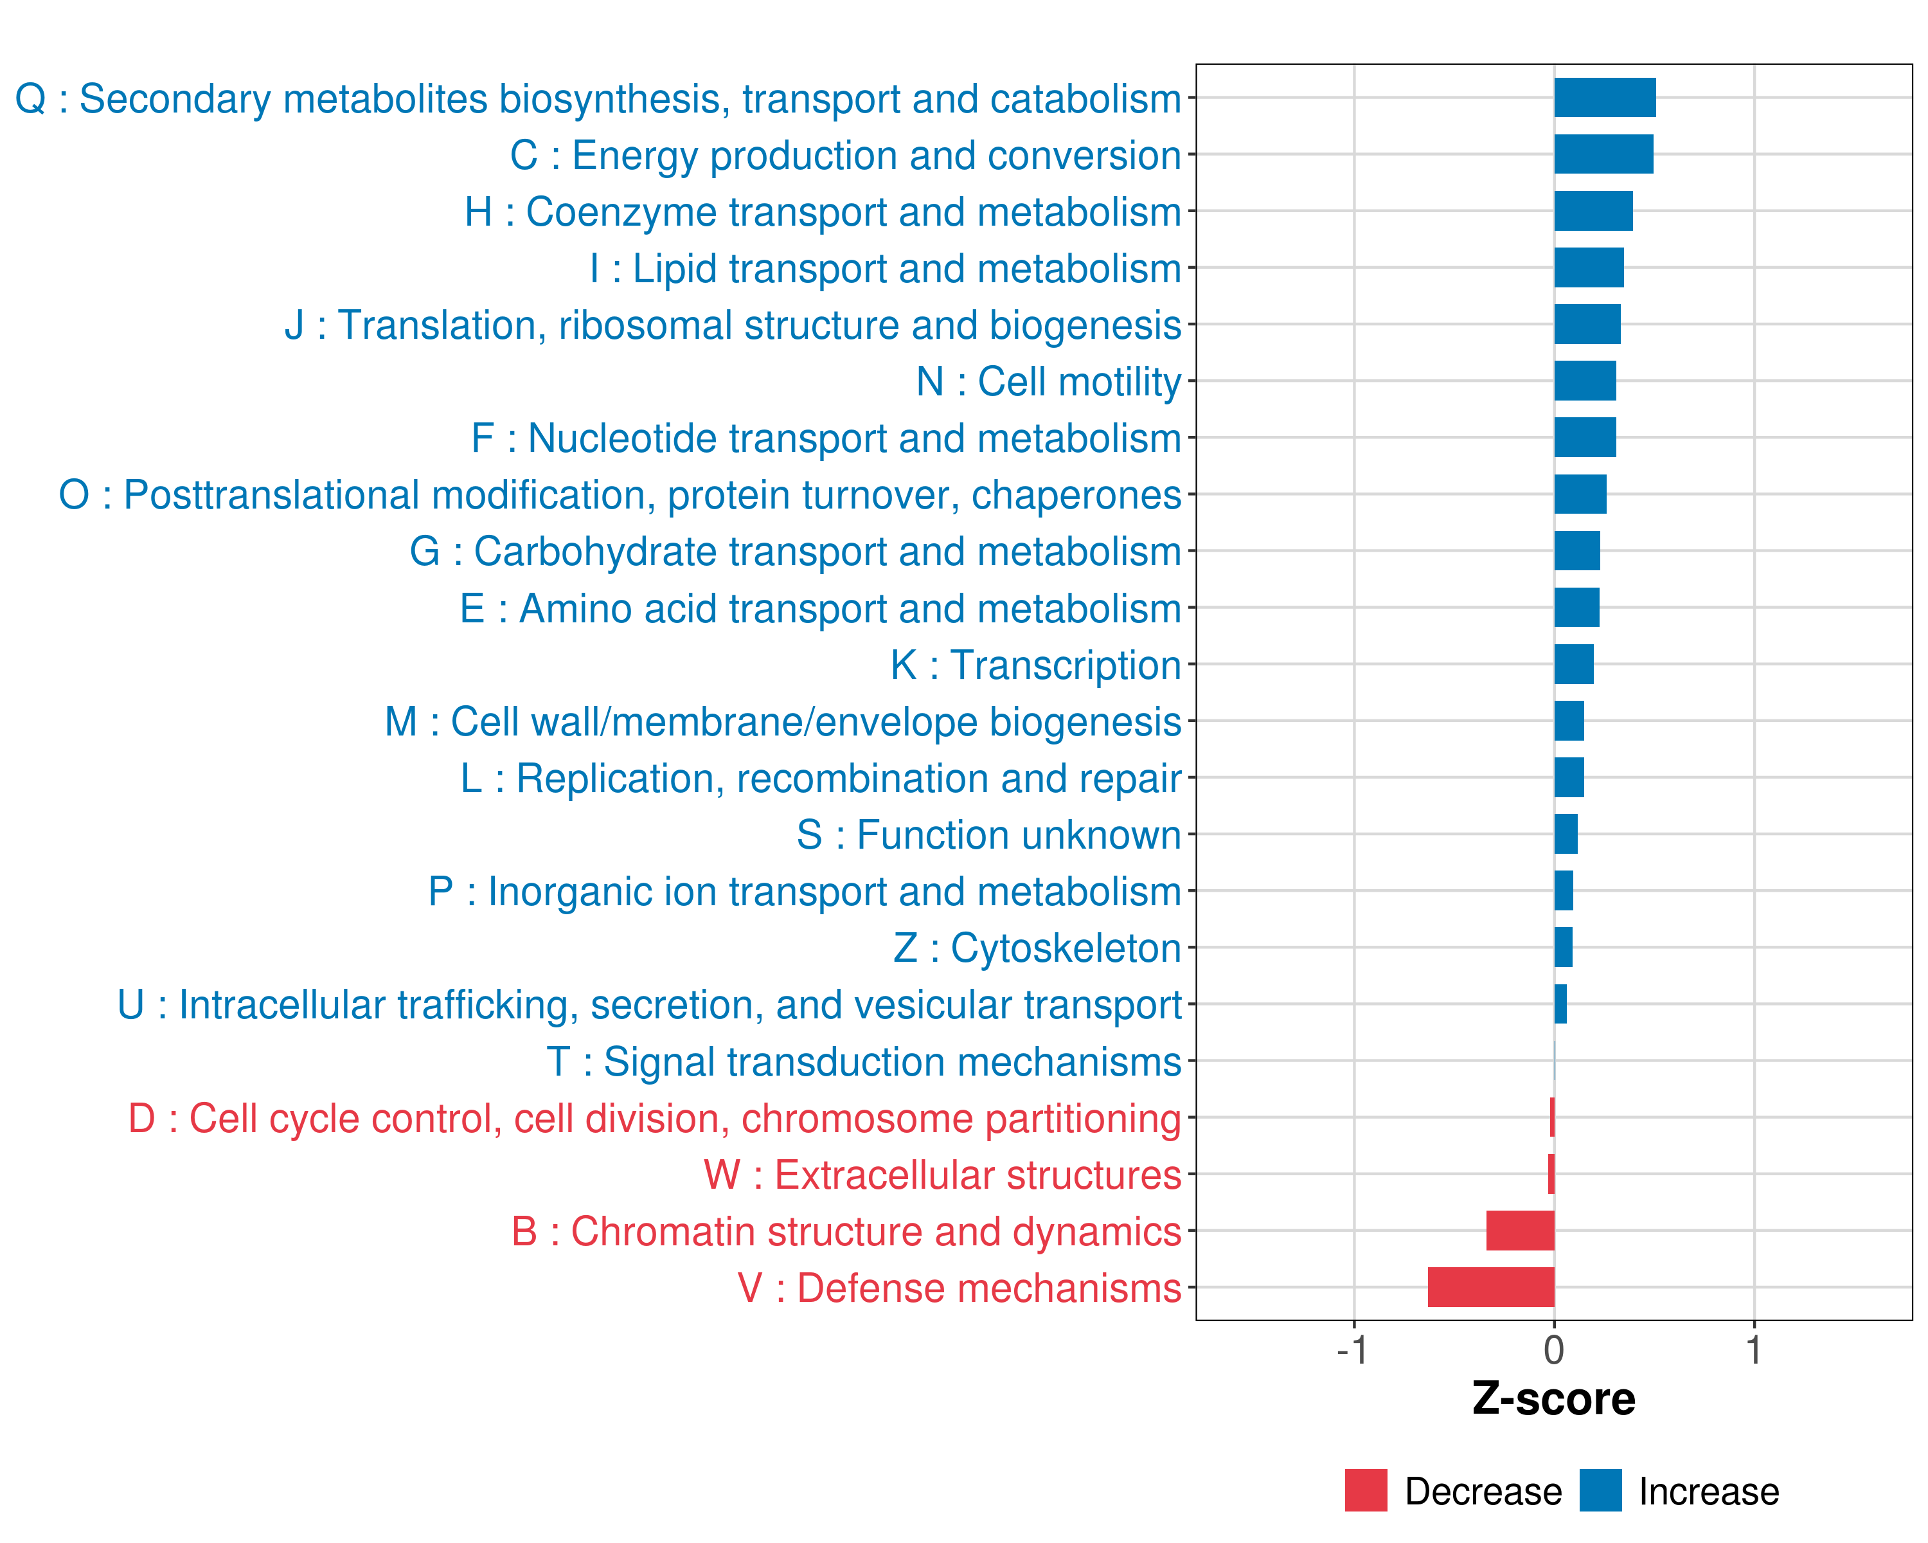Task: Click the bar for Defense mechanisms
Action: (1491, 1287)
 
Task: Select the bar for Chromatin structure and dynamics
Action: (1520, 1231)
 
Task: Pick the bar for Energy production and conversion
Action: (1603, 154)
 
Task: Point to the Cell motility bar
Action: (1585, 381)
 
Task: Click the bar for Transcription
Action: (1574, 663)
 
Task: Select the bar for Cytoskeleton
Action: (1563, 947)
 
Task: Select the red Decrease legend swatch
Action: (1366, 1490)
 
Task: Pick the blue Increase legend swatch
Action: (1600, 1490)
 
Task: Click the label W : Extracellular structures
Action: (943, 1175)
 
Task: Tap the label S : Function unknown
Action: (989, 835)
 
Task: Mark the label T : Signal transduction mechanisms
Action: (864, 1061)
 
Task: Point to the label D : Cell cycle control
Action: (655, 1118)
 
